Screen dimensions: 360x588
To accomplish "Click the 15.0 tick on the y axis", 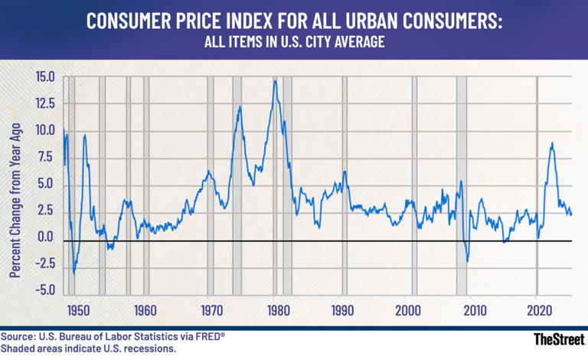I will [44, 77].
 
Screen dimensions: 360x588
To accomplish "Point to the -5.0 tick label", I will [44, 290].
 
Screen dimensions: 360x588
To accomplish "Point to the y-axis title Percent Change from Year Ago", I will [15, 184].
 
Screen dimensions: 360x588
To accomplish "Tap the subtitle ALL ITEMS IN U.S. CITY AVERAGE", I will [293, 44].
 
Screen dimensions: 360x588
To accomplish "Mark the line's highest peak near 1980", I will [275, 80].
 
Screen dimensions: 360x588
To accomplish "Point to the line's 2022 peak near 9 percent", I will [551, 143].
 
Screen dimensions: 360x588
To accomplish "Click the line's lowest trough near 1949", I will [73, 273].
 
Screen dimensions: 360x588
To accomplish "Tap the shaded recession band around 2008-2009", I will [462, 184].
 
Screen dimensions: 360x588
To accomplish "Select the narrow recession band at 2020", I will [537, 184].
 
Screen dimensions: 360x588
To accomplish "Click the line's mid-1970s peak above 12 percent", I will [240, 107].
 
